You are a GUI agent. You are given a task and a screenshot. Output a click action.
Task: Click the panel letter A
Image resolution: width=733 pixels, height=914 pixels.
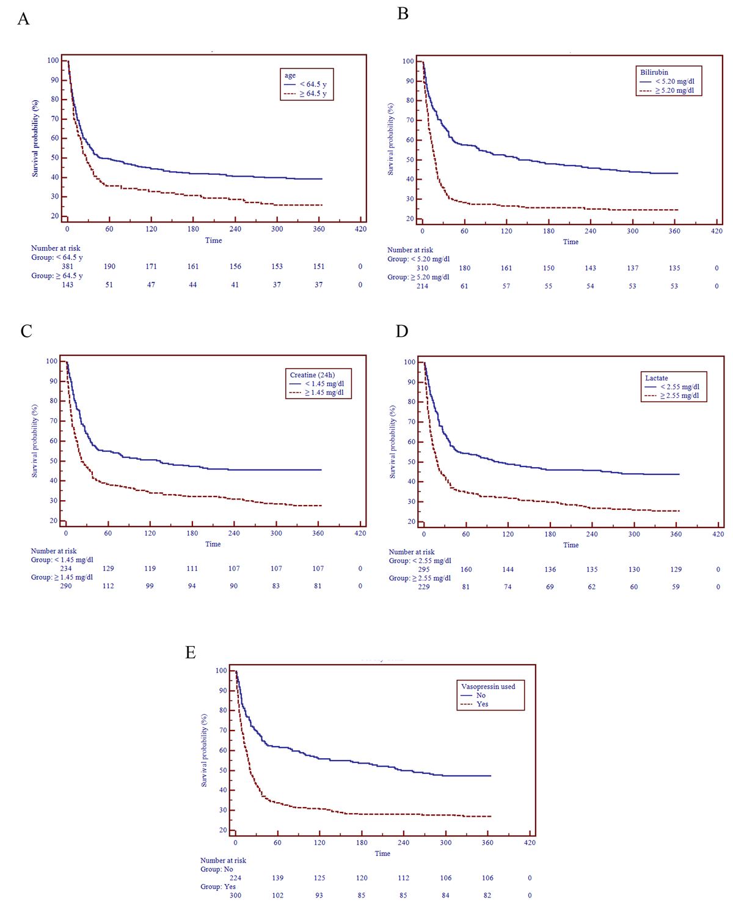click(x=23, y=19)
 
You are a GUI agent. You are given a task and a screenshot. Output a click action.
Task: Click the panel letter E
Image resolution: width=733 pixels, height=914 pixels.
click(x=191, y=653)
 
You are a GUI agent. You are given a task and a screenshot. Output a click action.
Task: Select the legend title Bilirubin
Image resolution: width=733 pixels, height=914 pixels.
click(x=654, y=72)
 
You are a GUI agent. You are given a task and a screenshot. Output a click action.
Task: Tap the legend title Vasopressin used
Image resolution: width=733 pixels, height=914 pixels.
click(x=488, y=687)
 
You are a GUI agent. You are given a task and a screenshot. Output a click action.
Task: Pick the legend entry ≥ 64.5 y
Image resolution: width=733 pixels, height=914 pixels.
click(x=313, y=94)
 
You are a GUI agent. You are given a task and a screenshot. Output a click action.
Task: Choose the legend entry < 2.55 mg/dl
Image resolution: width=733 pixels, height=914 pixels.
click(x=679, y=387)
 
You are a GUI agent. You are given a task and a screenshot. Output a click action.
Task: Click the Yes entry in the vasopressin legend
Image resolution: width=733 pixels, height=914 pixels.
click(x=482, y=704)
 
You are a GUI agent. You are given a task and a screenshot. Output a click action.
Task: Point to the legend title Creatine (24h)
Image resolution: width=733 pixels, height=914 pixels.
click(x=312, y=375)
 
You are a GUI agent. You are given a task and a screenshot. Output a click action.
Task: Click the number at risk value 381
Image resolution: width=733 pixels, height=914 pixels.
click(x=67, y=267)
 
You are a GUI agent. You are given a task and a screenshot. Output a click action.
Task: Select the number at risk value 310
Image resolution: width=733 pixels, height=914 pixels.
click(x=422, y=268)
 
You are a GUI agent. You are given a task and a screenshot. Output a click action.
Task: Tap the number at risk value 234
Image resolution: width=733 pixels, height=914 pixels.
click(x=65, y=569)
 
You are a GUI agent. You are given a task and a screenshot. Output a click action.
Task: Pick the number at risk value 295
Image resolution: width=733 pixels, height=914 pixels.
click(x=423, y=570)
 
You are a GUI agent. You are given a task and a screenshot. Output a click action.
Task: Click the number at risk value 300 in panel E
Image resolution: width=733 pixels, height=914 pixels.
click(x=235, y=896)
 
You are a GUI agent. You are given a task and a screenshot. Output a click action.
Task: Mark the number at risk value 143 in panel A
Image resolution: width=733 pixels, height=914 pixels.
click(x=67, y=285)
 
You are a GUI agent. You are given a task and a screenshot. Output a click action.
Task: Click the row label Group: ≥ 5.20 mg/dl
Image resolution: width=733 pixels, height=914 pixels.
click(x=418, y=277)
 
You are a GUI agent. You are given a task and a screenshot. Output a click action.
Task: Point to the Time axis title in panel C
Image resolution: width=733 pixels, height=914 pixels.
click(x=213, y=544)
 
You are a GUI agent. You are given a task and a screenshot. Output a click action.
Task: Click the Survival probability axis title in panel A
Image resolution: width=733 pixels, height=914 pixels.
click(x=35, y=138)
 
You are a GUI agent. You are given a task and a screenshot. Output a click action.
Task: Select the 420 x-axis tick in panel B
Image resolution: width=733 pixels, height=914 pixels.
click(x=717, y=231)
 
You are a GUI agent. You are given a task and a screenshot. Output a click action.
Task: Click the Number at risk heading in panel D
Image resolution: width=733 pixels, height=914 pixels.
click(x=412, y=552)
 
